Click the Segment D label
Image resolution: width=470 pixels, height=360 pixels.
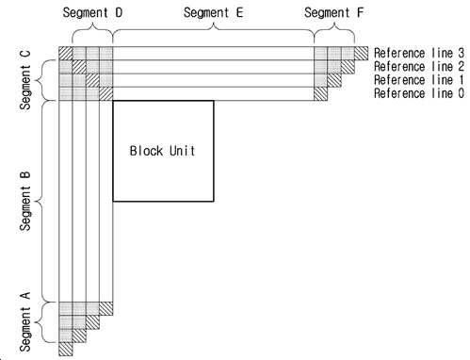pos(92,13)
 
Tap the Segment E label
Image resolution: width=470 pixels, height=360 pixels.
pos(214,13)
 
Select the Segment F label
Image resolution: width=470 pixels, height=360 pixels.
pos(333,13)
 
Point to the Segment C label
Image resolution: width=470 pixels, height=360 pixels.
pos(25,80)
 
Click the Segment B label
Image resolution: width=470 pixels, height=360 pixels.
pos(25,201)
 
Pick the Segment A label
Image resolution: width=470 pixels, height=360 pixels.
pos(25,322)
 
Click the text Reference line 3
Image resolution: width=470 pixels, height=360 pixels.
pos(419,53)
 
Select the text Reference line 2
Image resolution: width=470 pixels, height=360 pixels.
pos(419,67)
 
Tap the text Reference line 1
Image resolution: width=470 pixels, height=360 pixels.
pos(419,80)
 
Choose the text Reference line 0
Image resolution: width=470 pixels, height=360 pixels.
pos(419,93)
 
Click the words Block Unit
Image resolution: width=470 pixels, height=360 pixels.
pos(162,151)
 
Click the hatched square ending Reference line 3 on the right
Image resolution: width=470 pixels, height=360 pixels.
pos(362,53)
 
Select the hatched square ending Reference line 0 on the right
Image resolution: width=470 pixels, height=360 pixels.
pos(321,93)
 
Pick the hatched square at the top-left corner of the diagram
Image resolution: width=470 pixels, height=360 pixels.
pos(65,53)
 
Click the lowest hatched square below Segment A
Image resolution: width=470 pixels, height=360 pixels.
pos(65,349)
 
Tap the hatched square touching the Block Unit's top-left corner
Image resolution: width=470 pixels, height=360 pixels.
pos(106,93)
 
